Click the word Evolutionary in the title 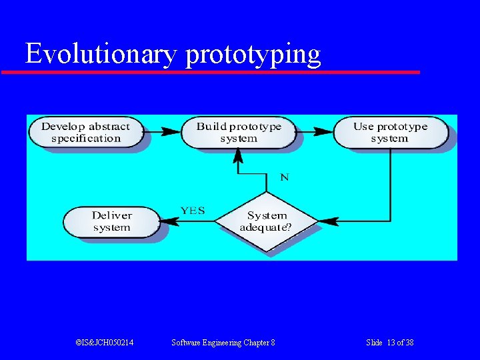(x=101, y=54)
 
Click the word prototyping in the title (x=253, y=55)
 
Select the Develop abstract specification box (x=85, y=132)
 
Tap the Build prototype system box (x=238, y=132)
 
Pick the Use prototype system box (x=390, y=132)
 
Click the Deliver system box (x=111, y=221)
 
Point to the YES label (x=193, y=211)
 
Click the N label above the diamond (x=285, y=177)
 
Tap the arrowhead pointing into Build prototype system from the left (x=173, y=132)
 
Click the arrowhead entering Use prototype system (x=325, y=132)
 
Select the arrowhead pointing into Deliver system (x=168, y=221)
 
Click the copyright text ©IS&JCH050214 (x=105, y=343)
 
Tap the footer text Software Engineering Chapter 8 (x=223, y=343)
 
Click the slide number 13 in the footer (x=391, y=343)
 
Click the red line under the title (x=211, y=71)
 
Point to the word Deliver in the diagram (x=111, y=215)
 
